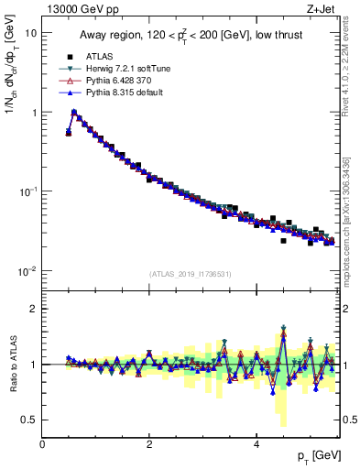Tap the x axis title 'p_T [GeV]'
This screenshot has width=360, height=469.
tap(313, 457)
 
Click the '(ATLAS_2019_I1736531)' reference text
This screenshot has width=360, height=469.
tap(190, 274)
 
